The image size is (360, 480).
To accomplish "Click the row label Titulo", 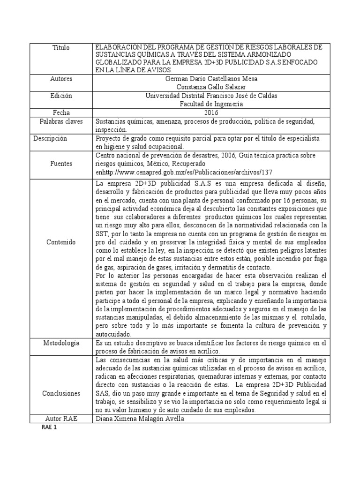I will pos(61,48).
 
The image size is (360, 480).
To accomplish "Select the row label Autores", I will pos(61,79).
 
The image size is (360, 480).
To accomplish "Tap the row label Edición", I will pos(61,96).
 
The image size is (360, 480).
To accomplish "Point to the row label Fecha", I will pos(61,112).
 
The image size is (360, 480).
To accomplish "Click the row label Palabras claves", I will pos(61,121).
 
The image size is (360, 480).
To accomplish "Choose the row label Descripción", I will pos(51,139).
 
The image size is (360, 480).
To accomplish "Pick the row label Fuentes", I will pos(61,164).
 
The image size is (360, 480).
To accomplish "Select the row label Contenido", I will pos(61,242).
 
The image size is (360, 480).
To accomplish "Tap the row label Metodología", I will pos(61,343).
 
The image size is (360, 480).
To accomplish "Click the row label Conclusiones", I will pos(61,393).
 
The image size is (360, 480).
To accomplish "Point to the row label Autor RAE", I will pos(61,419).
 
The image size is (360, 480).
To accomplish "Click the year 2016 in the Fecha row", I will pos(212,112).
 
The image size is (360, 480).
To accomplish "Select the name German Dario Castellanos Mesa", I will pos(212,79).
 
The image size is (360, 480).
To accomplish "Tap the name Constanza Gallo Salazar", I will pos(212,87).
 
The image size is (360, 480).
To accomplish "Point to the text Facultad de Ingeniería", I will pos(212,104).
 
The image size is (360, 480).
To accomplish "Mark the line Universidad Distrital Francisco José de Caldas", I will pos(212,96).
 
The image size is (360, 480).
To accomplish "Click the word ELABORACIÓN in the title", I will pos(118,48).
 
